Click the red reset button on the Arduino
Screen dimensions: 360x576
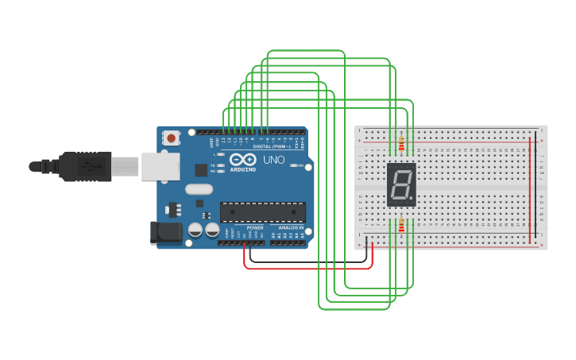click(x=171, y=138)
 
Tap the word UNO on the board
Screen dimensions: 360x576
click(x=273, y=160)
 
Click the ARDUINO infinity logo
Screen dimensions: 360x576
click(x=242, y=160)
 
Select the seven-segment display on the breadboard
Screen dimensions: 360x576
click(x=401, y=185)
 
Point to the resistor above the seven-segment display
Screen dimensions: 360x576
click(x=401, y=145)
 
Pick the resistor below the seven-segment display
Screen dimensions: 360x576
click(x=401, y=226)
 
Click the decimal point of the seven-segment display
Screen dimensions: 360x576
click(x=412, y=199)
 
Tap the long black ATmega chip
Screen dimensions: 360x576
click(x=262, y=212)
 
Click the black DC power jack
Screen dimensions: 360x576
click(x=164, y=232)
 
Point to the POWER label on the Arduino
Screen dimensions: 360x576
click(x=254, y=228)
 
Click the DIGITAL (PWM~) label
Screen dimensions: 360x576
click(x=271, y=146)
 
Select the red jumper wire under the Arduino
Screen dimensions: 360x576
click(x=310, y=268)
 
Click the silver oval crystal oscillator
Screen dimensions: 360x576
click(x=199, y=189)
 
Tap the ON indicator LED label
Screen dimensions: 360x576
click(x=301, y=165)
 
